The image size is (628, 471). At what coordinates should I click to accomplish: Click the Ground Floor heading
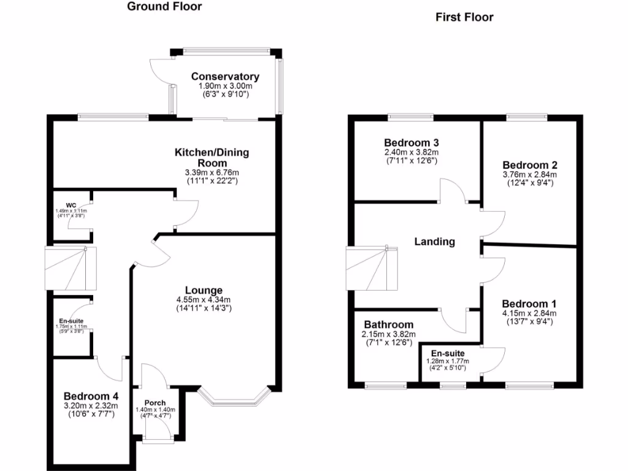coord(164,7)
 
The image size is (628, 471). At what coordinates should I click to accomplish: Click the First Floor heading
coord(464,17)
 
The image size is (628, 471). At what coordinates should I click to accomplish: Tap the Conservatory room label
coord(225,77)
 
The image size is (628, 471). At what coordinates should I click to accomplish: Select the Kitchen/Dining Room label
coord(212,158)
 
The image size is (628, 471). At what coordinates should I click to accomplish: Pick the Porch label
coord(155,403)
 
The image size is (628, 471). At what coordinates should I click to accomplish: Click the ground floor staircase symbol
coord(71,269)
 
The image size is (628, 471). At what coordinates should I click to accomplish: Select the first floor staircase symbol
coord(372,268)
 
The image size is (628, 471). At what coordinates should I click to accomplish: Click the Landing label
coord(435,242)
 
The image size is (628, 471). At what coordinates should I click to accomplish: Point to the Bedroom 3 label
coord(412,143)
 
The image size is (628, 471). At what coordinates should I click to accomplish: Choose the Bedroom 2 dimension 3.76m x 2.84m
coord(529,175)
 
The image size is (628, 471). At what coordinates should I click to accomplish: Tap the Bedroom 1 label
coord(529,304)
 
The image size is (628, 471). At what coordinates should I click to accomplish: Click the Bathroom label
coord(389,324)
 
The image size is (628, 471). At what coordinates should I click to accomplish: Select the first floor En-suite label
coord(447,354)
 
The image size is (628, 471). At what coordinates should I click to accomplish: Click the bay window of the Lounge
coord(235,400)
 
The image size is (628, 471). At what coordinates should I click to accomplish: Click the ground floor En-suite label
coord(72,320)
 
